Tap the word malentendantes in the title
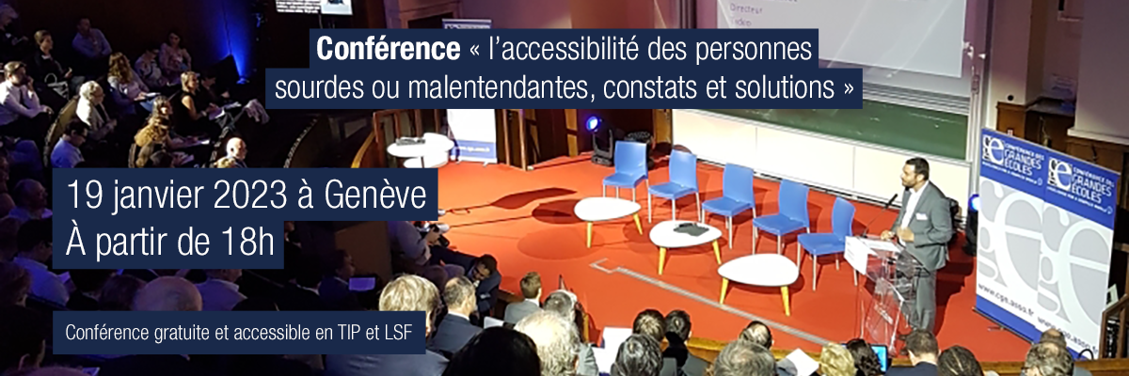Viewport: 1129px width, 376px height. (501, 88)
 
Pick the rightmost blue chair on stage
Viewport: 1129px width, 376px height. (827, 230)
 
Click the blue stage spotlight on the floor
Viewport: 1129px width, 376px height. (593, 123)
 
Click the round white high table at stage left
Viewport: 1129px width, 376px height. (419, 149)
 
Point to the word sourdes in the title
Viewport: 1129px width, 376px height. (316, 88)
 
